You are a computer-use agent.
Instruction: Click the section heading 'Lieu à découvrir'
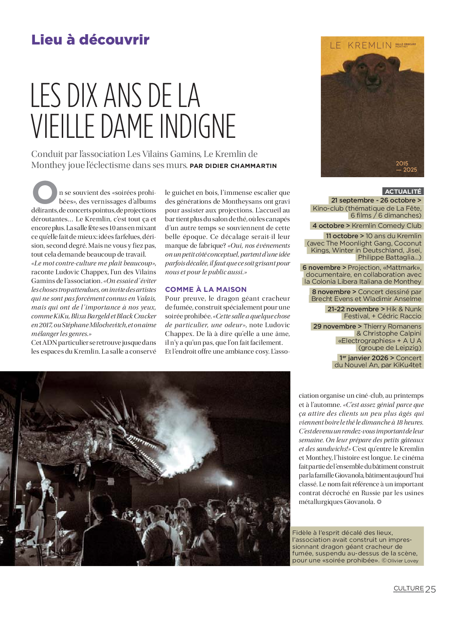tap(90, 40)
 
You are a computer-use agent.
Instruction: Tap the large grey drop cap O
tap(45, 192)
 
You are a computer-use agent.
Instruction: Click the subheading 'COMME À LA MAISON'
tap(206, 289)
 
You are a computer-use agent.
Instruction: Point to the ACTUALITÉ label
tap(403, 192)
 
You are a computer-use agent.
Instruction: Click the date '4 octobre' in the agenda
tap(329, 226)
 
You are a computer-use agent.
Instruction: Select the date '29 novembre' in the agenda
tap(334, 326)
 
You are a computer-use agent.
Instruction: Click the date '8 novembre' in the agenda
tap(331, 292)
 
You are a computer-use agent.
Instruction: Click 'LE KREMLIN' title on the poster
tap(361, 46)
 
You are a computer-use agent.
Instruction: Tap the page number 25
tap(430, 589)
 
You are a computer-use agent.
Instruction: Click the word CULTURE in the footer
tap(409, 588)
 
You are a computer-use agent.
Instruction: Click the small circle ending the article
tap(379, 502)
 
